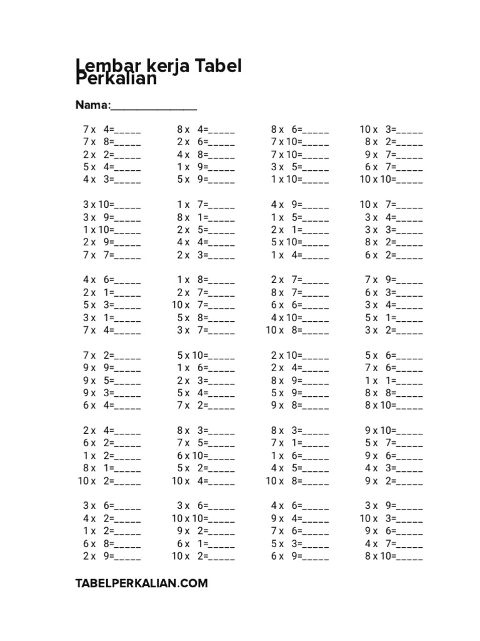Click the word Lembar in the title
[102, 66]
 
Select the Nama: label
[93, 105]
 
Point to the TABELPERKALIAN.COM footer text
[141, 583]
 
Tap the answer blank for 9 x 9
[128, 368]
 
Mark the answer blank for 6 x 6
[316, 305]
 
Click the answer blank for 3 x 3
[410, 230]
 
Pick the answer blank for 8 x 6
[316, 130]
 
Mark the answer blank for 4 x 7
[410, 543]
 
